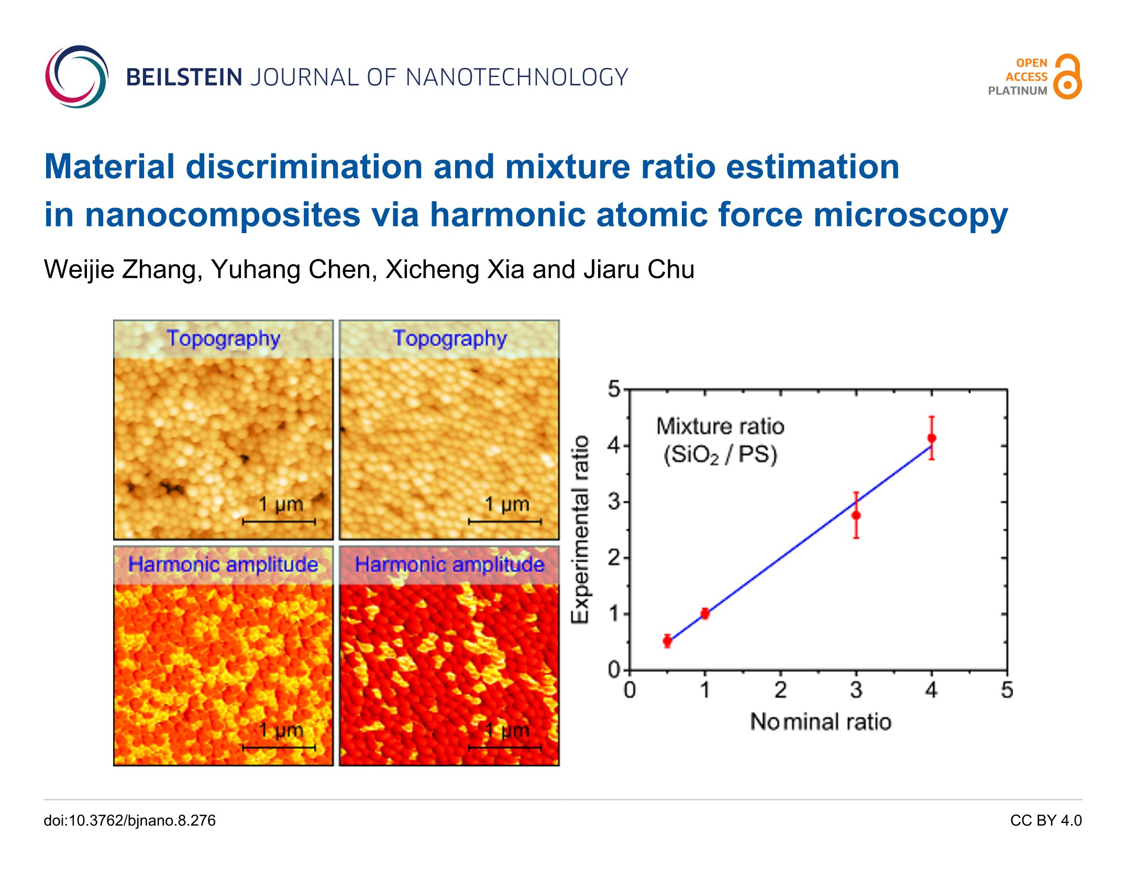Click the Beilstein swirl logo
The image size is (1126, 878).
76,77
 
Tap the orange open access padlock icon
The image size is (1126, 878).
1067,77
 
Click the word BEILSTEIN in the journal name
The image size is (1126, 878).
184,78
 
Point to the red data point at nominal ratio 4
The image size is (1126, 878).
932,438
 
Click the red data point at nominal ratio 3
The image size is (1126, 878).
856,515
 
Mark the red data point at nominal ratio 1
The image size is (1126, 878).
705,613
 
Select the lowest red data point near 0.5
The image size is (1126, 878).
667,641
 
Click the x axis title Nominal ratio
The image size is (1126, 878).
821,722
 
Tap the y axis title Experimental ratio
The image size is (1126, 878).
580,529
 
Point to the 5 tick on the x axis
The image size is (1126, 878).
1007,690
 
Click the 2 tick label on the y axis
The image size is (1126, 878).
614,558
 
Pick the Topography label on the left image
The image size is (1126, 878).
224,339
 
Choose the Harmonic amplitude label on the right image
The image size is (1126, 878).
450,565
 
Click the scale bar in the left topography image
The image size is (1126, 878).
279,522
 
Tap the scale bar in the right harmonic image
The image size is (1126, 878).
505,748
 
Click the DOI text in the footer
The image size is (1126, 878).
129,820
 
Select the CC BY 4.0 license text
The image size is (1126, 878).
1045,820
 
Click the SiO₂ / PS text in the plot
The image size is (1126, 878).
720,454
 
